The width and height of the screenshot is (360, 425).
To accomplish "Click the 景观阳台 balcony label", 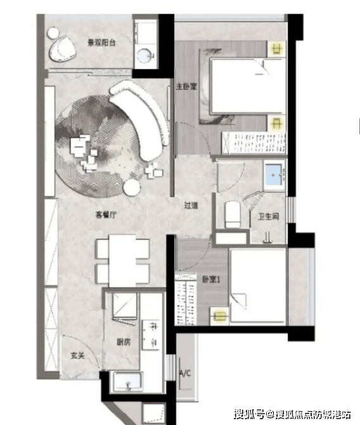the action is [x=101, y=42].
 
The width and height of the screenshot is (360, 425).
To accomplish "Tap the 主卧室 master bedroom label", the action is [x=186, y=87].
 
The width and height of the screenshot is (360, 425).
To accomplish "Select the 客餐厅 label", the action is [x=106, y=215].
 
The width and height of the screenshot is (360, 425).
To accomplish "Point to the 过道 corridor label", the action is [x=191, y=205].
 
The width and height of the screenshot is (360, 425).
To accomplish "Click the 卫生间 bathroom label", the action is [x=268, y=216].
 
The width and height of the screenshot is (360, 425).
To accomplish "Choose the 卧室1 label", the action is [x=211, y=279].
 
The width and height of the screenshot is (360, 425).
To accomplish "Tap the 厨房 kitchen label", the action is [x=124, y=342].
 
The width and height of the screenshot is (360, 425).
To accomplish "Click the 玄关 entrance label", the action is [x=78, y=355].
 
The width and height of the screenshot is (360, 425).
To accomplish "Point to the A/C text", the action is [x=185, y=374].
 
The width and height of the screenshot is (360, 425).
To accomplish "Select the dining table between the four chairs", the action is [x=122, y=261].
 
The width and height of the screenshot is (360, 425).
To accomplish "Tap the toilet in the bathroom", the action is [x=233, y=214].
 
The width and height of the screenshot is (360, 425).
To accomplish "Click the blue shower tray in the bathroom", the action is [x=274, y=175].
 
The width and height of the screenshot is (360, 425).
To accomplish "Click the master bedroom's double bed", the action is [x=248, y=86].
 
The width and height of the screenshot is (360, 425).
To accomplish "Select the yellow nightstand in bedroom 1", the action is [x=220, y=316].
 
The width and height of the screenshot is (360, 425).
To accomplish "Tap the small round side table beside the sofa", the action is [x=132, y=187].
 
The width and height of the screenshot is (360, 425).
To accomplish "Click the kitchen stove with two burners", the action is [x=151, y=334].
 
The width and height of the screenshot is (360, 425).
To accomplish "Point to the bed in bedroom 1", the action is [x=258, y=286].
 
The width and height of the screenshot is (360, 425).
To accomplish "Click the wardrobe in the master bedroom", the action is [x=254, y=143].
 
